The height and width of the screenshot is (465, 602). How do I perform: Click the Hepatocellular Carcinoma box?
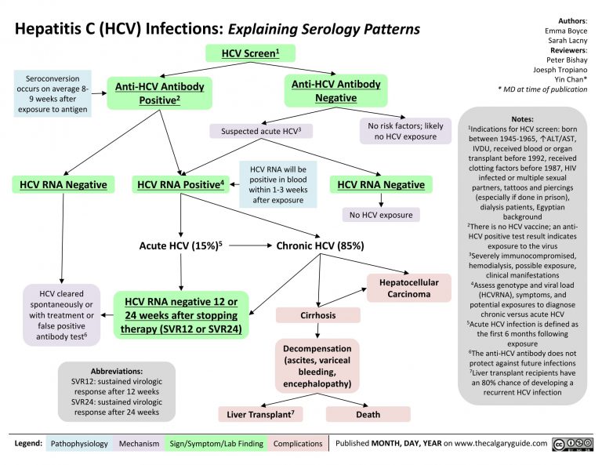tap(408, 287)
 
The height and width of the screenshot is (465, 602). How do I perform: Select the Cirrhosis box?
tap(318, 315)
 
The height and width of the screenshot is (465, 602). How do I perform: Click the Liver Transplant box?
tap(259, 413)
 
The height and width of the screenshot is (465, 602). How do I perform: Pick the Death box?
tap(368, 413)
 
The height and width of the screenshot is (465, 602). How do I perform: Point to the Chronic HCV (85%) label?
tap(321, 245)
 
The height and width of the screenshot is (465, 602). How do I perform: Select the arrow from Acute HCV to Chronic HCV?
tap(248, 245)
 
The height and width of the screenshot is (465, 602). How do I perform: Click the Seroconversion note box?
tap(52, 93)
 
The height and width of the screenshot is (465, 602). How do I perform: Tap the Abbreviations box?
tap(116, 391)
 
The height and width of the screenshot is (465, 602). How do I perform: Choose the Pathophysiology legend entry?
tap(79, 444)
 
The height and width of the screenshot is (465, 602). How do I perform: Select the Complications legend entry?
tap(297, 444)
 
